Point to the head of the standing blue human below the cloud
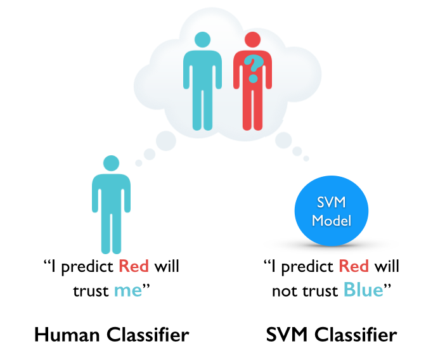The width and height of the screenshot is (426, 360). pos(111,163)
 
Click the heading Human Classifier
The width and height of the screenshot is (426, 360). pos(111,334)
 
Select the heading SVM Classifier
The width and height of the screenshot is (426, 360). pos(331,334)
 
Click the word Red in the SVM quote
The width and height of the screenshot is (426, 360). pos(353,266)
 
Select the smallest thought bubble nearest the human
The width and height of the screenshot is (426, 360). pos(139,163)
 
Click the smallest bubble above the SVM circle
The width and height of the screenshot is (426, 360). pos(306,158)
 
